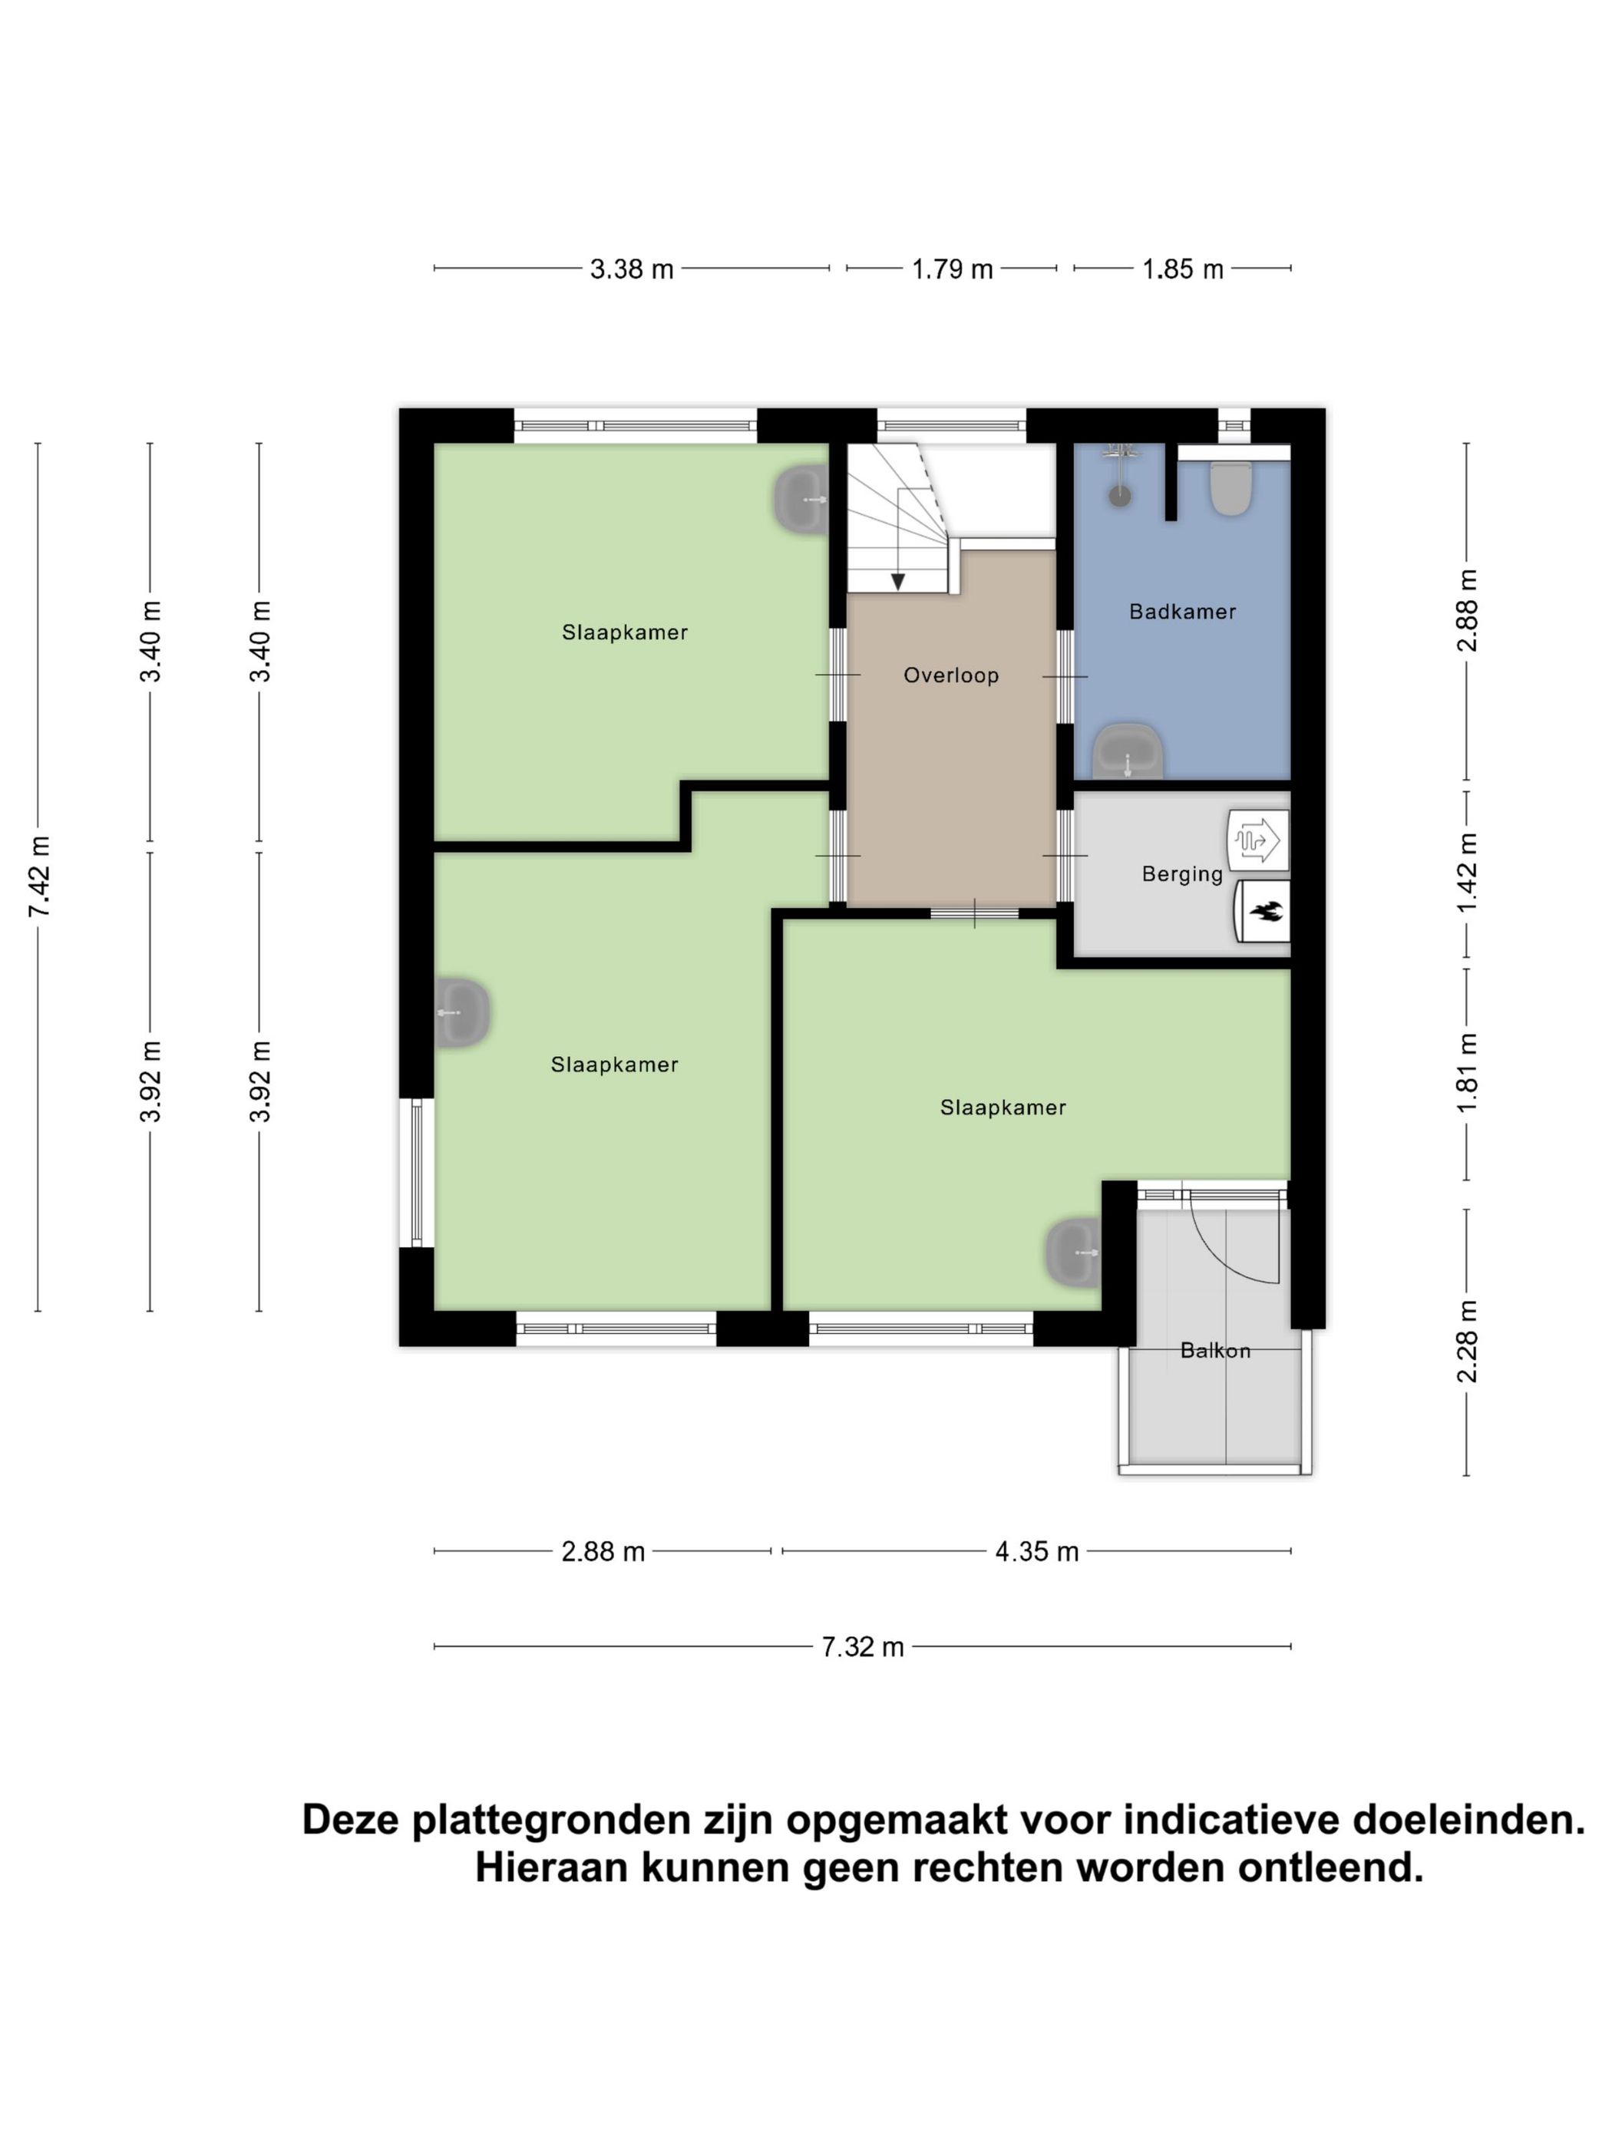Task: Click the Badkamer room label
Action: click(x=1181, y=612)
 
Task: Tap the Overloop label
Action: click(x=950, y=675)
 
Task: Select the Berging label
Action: click(x=1181, y=873)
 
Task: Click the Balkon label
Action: click(x=1214, y=1350)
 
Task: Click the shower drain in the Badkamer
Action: click(x=1119, y=496)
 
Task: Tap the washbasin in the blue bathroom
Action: click(x=1127, y=753)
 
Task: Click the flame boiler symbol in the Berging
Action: click(x=1264, y=911)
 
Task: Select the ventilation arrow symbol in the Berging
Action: click(x=1257, y=840)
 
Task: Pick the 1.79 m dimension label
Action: click(x=951, y=269)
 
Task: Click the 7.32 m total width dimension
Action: click(x=863, y=1647)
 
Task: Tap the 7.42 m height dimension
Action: click(x=39, y=876)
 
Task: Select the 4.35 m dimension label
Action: click(x=1036, y=1552)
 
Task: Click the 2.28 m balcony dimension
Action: click(x=1466, y=1341)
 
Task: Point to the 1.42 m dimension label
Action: click(x=1466, y=873)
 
